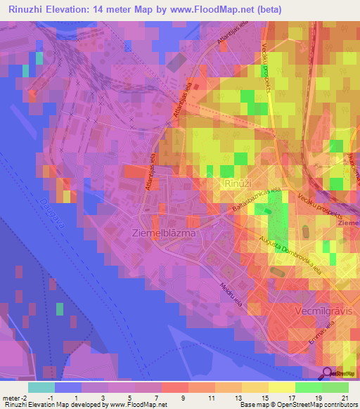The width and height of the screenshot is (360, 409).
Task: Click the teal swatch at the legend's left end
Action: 41,387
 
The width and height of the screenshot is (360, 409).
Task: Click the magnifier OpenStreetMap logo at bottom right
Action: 327,374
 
